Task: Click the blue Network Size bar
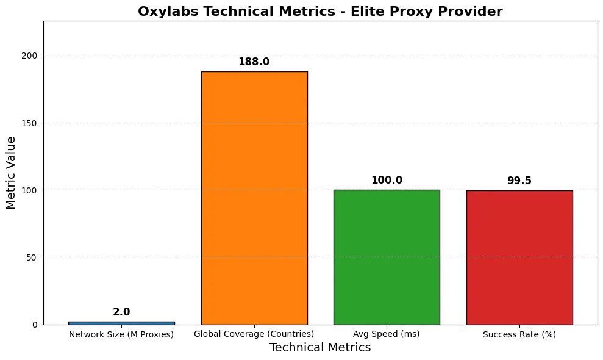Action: click(x=121, y=323)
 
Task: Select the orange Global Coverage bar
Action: click(x=254, y=198)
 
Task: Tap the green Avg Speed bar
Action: click(x=387, y=257)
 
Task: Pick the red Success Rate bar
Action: click(x=519, y=257)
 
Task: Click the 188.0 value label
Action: click(x=254, y=62)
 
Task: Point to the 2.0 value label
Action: click(x=121, y=312)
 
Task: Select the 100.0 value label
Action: click(x=387, y=181)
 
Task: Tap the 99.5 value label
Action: click(x=519, y=181)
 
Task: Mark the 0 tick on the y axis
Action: click(x=35, y=325)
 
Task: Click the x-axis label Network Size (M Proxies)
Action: click(x=121, y=334)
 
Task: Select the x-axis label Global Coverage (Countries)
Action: click(x=254, y=334)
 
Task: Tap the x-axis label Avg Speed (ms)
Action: click(x=387, y=334)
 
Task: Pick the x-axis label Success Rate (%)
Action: click(x=519, y=334)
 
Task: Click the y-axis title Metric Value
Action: click(x=12, y=173)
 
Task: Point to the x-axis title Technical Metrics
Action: click(x=320, y=348)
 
